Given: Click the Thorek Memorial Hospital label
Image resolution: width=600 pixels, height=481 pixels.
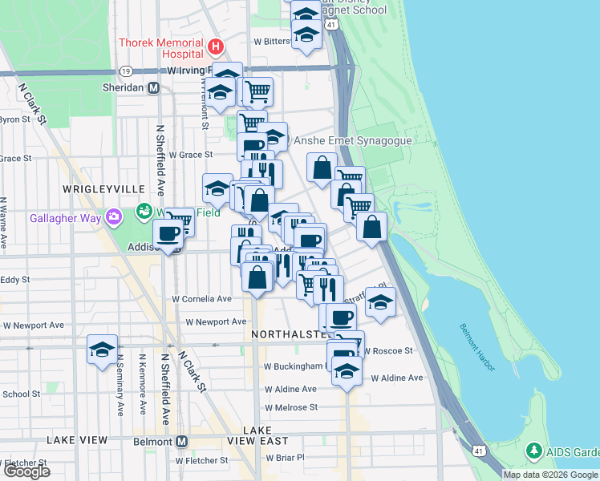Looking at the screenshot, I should [x=160, y=48].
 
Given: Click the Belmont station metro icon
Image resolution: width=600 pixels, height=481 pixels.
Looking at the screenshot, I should [x=182, y=441].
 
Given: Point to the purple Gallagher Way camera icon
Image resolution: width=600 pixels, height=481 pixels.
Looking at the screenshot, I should [x=114, y=216].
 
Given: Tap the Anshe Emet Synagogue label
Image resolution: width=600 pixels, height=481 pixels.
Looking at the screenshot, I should [x=353, y=140].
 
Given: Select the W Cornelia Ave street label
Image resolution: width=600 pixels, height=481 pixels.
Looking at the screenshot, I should [x=202, y=299].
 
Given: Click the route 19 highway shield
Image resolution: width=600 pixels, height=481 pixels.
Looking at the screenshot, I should [x=128, y=71].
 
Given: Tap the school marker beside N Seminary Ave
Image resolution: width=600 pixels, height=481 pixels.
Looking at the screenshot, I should [x=102, y=350].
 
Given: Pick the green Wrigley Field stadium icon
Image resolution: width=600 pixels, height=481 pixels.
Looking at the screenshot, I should [x=144, y=212].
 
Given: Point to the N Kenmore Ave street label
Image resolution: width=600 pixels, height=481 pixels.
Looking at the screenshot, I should [x=142, y=385].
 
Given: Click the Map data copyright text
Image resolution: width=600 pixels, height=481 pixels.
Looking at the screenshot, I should [x=550, y=475].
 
